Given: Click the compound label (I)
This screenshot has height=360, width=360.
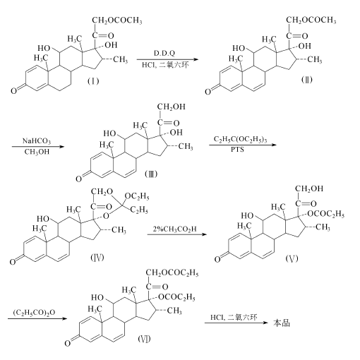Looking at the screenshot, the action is [93, 81].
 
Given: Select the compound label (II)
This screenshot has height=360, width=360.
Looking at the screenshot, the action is [306, 80].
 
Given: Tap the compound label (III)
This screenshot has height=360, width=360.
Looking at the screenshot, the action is [151, 174].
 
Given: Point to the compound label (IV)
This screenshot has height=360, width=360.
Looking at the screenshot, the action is [97, 258].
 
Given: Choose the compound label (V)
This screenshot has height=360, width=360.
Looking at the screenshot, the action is [292, 258].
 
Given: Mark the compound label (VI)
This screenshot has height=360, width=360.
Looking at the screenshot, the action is [144, 339].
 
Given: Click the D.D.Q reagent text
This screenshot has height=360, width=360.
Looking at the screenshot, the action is [164, 54].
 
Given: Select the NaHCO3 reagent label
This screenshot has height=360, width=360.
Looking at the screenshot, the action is [37, 141].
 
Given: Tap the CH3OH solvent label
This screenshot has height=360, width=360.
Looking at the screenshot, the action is [37, 152].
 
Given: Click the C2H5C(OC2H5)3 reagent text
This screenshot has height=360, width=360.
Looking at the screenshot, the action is [240, 139].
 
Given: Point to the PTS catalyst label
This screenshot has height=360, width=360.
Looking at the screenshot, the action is [237, 149].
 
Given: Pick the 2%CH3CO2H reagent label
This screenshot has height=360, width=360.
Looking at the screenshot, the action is [174, 229].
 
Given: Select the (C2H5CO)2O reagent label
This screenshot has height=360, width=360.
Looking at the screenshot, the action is [34, 313].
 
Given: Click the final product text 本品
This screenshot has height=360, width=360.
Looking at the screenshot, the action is [282, 323].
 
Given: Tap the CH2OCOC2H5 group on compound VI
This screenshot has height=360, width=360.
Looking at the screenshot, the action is [172, 273].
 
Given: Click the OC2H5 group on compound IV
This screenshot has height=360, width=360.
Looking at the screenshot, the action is [137, 196].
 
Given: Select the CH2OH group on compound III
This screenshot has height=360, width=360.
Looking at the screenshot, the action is [171, 107].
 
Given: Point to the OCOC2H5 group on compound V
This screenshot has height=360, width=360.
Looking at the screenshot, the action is [326, 214].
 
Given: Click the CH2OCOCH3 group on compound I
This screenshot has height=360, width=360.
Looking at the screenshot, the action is [117, 20].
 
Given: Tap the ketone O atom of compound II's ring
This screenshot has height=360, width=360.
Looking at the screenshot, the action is [208, 92].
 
